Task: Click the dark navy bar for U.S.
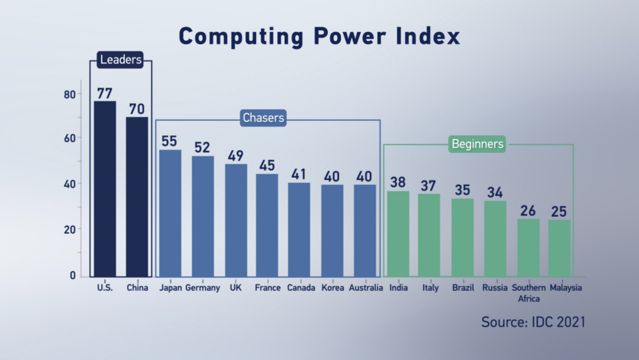(x=105, y=189)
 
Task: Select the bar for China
(x=137, y=196)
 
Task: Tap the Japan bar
(x=170, y=213)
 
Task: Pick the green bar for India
(x=398, y=233)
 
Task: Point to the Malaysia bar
(x=559, y=248)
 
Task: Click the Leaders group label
(x=120, y=61)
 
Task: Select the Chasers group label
(x=263, y=118)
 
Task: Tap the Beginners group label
(x=477, y=144)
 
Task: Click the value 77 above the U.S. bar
(x=105, y=93)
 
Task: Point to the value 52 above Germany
(x=203, y=148)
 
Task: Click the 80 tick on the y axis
(x=69, y=94)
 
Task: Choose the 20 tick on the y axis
(x=69, y=230)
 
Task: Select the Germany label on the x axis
(x=203, y=288)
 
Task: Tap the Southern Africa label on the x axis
(x=528, y=293)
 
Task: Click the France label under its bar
(x=267, y=288)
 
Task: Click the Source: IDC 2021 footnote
(x=533, y=321)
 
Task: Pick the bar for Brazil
(x=463, y=237)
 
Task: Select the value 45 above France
(x=267, y=166)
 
